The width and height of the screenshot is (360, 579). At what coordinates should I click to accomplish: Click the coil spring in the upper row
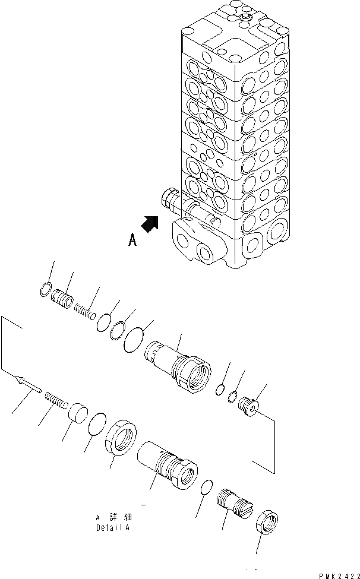pyautogui.click(x=87, y=309)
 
